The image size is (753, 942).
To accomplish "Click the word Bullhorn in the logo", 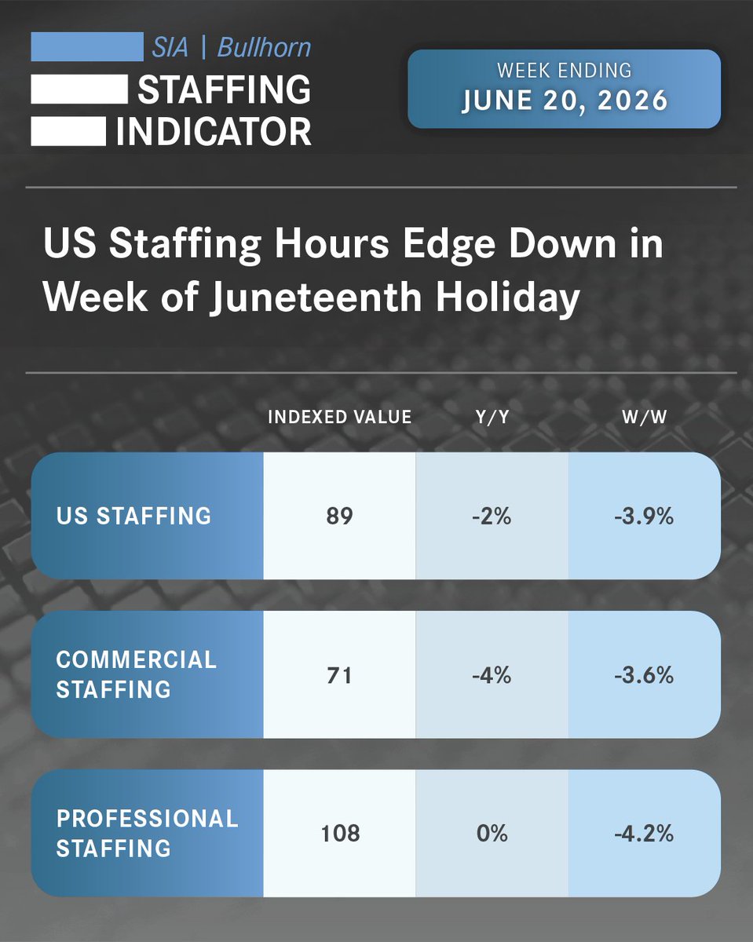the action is pos(264,47).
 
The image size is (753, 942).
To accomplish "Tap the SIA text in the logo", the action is pos(170,47).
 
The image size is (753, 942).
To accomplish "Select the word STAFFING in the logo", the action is pos(224,89).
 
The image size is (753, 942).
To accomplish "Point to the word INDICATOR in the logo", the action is pos(214,131).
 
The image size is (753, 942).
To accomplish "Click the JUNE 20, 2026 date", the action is pos(565,100).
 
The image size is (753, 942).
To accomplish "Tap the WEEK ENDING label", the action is pos(565,70).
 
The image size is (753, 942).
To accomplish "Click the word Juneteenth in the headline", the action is pos(315,298).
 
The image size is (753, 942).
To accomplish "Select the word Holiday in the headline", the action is pos(507,298).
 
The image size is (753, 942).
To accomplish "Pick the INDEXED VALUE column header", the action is pos(340,417).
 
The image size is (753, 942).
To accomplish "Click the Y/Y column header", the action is pos(492,417).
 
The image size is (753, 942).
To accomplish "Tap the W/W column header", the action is pos(644,417).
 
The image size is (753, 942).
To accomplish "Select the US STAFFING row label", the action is pos(133,516).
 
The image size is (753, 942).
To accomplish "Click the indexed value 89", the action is pos(339,516).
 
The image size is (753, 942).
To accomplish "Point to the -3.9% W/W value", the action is pos(644,516).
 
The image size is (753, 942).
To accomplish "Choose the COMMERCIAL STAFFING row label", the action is pos(136,674).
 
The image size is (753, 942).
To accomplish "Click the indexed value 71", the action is pos(339,675).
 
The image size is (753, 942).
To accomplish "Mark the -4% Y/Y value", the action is pos(492,675).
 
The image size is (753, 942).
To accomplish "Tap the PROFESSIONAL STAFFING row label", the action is pos(147,834).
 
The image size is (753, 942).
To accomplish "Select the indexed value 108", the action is pos(340,834).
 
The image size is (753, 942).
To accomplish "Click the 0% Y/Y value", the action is pos(492,834).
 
